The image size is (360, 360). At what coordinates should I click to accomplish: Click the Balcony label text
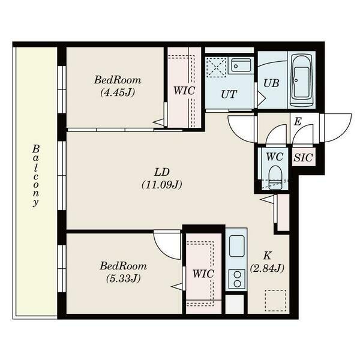[36, 175]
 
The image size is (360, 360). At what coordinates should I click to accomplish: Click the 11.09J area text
[161, 185]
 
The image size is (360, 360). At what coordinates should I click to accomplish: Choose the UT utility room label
[228, 94]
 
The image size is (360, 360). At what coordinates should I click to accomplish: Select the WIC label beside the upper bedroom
[183, 91]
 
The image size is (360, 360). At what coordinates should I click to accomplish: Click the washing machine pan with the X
[215, 66]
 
